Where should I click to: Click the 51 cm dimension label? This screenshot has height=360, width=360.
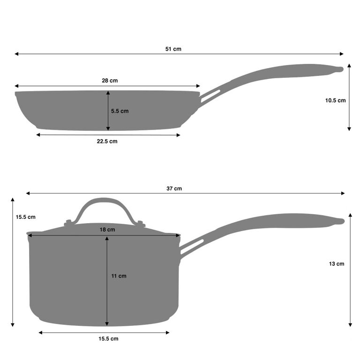[x=173, y=49]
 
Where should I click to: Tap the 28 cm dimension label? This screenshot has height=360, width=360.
[x=110, y=81]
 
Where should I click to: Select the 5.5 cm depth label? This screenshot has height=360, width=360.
[x=120, y=111]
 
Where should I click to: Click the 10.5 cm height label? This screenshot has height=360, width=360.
[x=335, y=100]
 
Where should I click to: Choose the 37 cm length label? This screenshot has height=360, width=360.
[x=174, y=188]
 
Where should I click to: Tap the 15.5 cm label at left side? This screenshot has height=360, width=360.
[x=25, y=217]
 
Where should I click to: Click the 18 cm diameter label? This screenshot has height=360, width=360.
[x=107, y=230]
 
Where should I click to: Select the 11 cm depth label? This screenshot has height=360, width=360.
[x=119, y=276]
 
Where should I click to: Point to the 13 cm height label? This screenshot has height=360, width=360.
[x=337, y=264]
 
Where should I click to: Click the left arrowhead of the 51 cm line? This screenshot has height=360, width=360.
[x=16, y=54]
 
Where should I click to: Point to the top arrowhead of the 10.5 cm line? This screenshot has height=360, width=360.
[x=349, y=66]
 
